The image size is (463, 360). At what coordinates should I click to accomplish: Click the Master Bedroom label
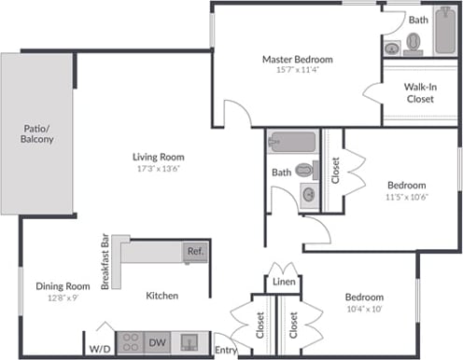coord(297,59)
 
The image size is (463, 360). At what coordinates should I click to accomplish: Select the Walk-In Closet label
coord(421,92)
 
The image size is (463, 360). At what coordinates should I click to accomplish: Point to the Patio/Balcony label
coord(36,133)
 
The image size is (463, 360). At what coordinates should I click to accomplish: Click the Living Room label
coord(158,157)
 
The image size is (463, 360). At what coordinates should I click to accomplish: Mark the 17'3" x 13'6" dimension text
coord(158,169)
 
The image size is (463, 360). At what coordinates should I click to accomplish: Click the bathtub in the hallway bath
coord(292,143)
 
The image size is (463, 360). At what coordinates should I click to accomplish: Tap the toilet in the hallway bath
coord(305,171)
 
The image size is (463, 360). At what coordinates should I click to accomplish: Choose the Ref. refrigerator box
coord(195,251)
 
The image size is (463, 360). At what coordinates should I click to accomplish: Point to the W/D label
coord(98,349)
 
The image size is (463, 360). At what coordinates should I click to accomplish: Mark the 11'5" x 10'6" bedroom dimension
coord(406,197)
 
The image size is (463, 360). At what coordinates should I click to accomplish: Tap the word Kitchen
coord(161,296)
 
